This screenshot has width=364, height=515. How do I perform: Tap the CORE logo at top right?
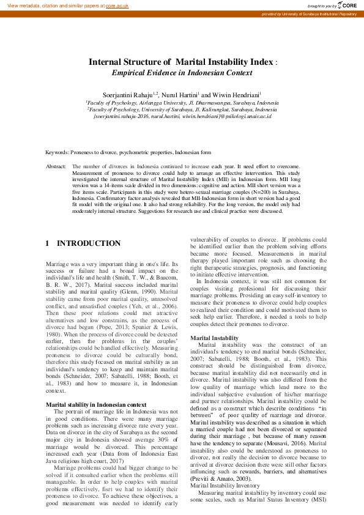point(347,5)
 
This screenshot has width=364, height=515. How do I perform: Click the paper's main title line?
point(181,62)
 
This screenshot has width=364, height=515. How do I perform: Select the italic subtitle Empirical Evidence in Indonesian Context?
point(182,72)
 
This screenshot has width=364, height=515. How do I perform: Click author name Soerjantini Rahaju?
point(128,95)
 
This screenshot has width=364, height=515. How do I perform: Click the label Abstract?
point(56,166)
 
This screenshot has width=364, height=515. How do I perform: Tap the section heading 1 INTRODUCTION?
point(83,243)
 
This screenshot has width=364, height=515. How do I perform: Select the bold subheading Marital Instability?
point(214,338)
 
